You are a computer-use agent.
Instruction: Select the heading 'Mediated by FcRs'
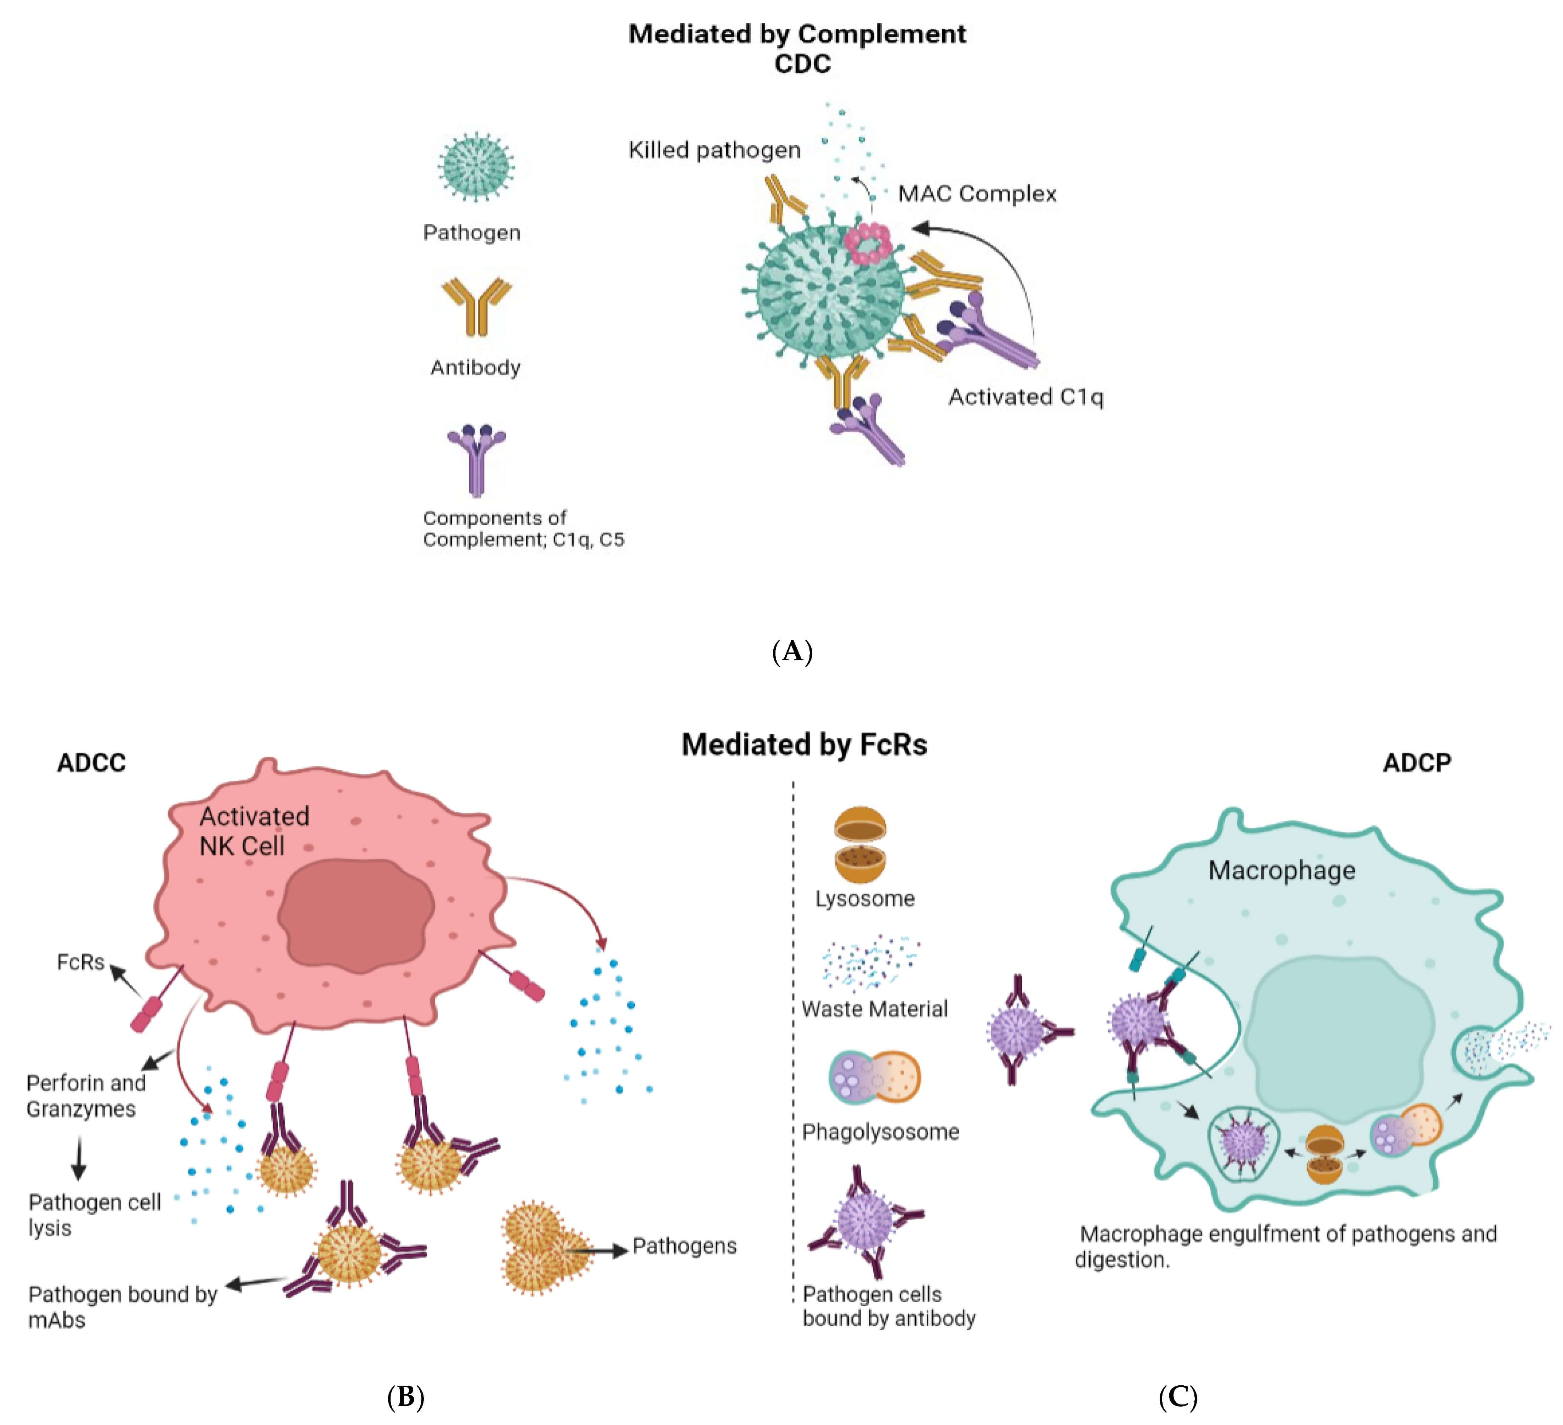pyautogui.click(x=804, y=744)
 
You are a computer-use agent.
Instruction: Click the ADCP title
pyautogui.click(x=1416, y=763)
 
